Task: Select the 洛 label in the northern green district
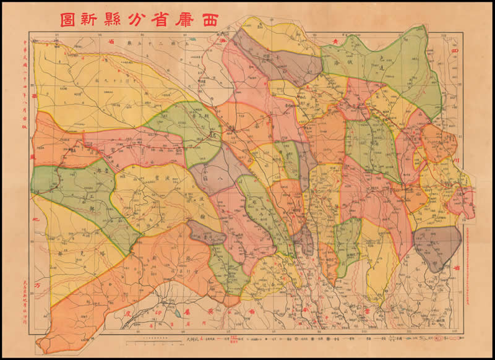tap(354, 64)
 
